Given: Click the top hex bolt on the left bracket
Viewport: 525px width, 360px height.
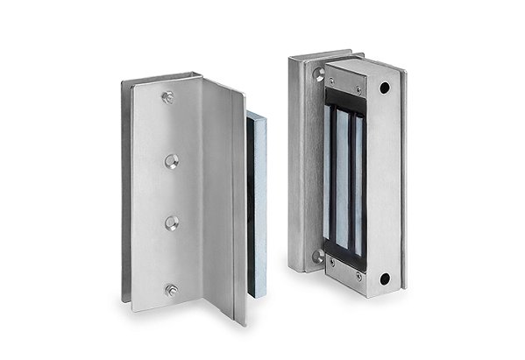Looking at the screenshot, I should [168, 97].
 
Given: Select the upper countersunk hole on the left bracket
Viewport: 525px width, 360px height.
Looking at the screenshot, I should [171, 161].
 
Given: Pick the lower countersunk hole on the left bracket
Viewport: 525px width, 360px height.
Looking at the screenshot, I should [172, 222].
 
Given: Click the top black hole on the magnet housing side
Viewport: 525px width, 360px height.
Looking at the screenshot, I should [384, 88].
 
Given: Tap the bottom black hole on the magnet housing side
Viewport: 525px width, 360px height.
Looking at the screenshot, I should [384, 279].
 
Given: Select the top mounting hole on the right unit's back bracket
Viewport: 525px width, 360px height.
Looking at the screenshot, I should [320, 74].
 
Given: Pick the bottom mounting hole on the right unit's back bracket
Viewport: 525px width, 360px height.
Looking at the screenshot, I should [319, 258].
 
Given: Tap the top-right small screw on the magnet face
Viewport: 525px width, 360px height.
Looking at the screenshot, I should [358, 88].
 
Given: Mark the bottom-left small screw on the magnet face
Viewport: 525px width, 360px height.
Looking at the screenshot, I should [332, 260].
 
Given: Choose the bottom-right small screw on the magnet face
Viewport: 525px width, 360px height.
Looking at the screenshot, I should [358, 275].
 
